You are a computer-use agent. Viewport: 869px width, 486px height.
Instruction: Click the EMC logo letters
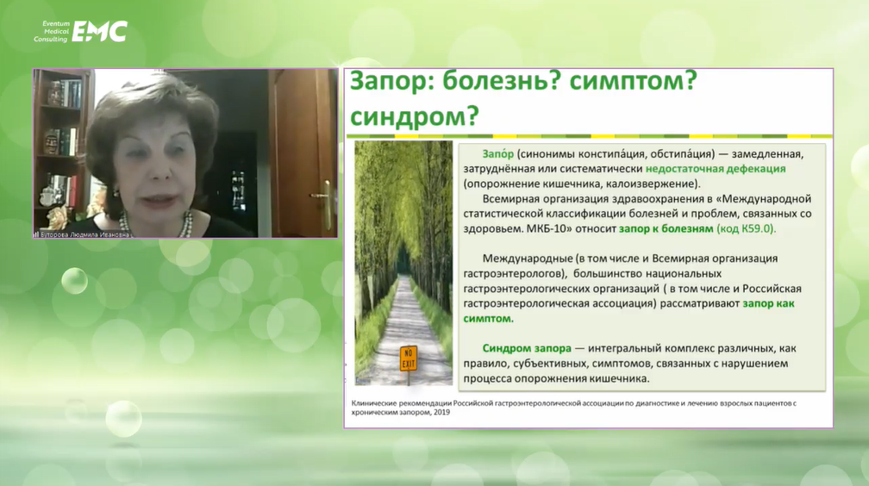pyautogui.click(x=100, y=32)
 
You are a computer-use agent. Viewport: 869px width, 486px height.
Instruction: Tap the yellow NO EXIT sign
pyautogui.click(x=409, y=358)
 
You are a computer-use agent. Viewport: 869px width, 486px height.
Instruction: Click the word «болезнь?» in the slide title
pyautogui.click(x=502, y=82)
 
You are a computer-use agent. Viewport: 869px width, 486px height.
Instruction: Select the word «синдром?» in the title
pyautogui.click(x=415, y=115)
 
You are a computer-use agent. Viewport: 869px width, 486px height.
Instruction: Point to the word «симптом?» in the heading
pyautogui.click(x=634, y=82)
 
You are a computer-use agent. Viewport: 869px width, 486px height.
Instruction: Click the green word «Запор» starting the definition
pyautogui.click(x=497, y=153)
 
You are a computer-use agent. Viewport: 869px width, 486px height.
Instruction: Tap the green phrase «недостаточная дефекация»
pyautogui.click(x=716, y=169)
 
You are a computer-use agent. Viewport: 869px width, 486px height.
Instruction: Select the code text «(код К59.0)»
pyautogui.click(x=747, y=228)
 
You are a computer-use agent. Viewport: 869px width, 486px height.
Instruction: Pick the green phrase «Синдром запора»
pyautogui.click(x=527, y=348)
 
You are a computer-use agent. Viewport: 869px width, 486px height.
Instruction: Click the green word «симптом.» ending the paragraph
pyautogui.click(x=488, y=319)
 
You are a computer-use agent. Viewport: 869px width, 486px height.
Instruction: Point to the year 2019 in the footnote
pyautogui.click(x=441, y=412)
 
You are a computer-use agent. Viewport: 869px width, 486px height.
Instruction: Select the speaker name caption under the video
pyautogui.click(x=84, y=235)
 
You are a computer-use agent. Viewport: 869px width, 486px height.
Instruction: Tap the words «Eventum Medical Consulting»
pyautogui.click(x=52, y=32)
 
